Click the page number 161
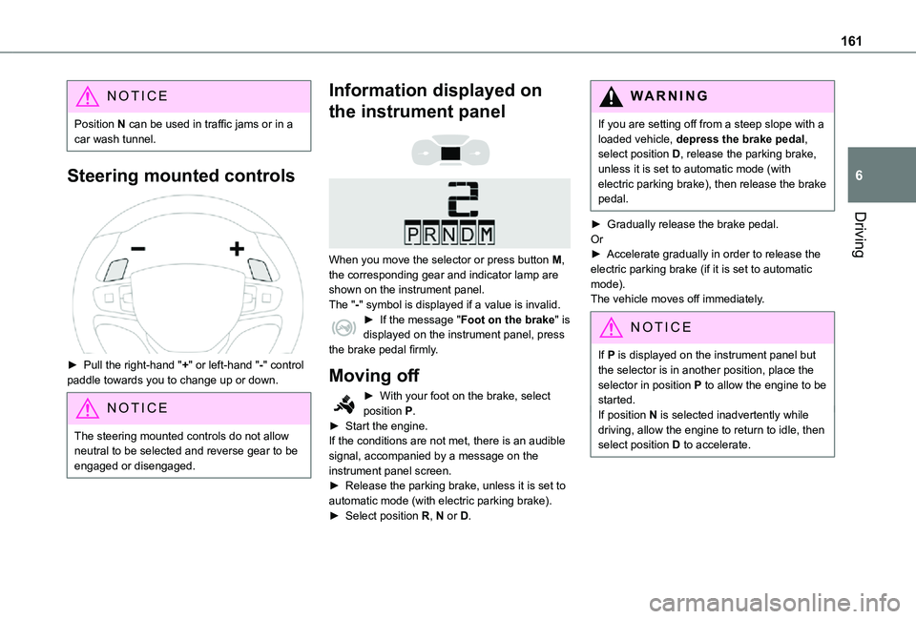[851, 41]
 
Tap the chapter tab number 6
[859, 175]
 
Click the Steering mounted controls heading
[181, 175]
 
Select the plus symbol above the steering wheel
[237, 249]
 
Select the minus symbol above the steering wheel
[138, 249]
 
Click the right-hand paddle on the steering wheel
[260, 270]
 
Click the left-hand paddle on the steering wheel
[115, 270]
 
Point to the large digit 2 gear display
[463, 198]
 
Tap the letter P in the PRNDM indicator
[412, 235]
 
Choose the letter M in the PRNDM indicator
[487, 235]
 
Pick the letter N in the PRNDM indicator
[449, 235]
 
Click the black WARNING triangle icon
[611, 96]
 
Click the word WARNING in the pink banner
[670, 95]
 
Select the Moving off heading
[374, 375]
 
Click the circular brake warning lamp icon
[343, 328]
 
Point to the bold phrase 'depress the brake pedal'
[740, 139]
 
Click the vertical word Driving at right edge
[860, 235]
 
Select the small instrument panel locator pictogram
[451, 153]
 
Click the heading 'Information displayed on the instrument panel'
[435, 100]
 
